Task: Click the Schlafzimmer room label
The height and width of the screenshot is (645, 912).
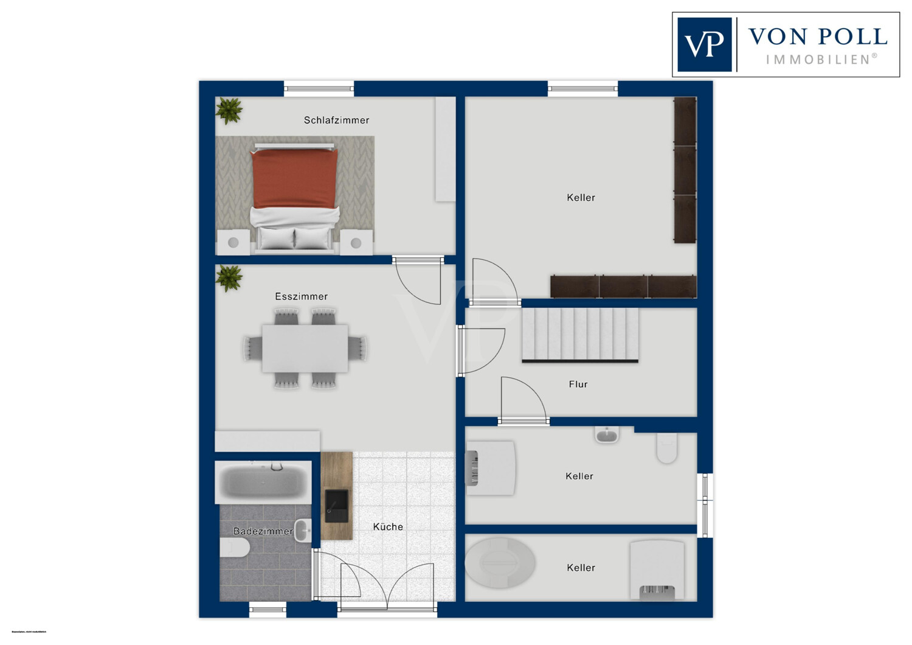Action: (336, 120)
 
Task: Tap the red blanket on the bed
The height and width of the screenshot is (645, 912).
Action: (294, 178)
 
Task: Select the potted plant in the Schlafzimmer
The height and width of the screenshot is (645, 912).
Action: (229, 111)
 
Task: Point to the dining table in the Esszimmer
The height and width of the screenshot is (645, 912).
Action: (305, 348)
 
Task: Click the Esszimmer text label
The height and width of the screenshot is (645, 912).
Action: (301, 297)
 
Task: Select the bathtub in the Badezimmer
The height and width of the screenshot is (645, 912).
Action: (263, 482)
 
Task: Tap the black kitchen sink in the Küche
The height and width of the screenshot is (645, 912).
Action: (336, 506)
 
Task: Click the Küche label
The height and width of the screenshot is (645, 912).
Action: (388, 527)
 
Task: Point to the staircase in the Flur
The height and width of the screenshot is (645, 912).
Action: (579, 335)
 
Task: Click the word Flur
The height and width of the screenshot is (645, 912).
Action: (578, 385)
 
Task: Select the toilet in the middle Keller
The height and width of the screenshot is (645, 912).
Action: (666, 448)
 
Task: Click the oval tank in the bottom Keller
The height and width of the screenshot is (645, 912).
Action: (500, 562)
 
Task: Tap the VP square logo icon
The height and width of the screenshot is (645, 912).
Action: (704, 44)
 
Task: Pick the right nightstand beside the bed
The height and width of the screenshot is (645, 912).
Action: (356, 242)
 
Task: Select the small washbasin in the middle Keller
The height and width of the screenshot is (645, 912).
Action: (606, 434)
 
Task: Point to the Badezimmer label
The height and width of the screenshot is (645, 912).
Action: (263, 531)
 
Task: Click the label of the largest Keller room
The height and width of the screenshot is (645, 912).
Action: (581, 198)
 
